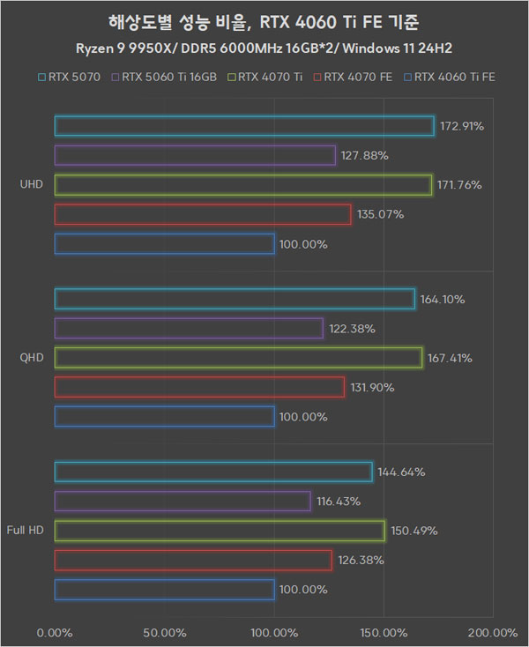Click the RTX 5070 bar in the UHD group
pyautogui.click(x=244, y=126)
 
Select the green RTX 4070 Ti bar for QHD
pyautogui.click(x=238, y=358)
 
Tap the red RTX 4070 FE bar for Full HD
pyautogui.click(x=193, y=560)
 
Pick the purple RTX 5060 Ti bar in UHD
pyautogui.click(x=195, y=155)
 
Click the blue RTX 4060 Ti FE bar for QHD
pyautogui.click(x=164, y=416)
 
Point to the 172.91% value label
pyautogui.click(x=462, y=126)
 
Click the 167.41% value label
pyautogui.click(x=450, y=358)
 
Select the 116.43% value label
pyautogui.click(x=339, y=502)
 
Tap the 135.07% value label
pyautogui.click(x=379, y=214)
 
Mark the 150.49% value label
pyautogui.click(x=413, y=531)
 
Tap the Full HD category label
pyautogui.click(x=28, y=531)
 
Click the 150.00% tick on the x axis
pyautogui.click(x=384, y=632)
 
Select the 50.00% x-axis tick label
pyautogui.click(x=164, y=632)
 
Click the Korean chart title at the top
pyautogui.click(x=264, y=20)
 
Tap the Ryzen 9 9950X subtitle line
pyautogui.click(x=264, y=47)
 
